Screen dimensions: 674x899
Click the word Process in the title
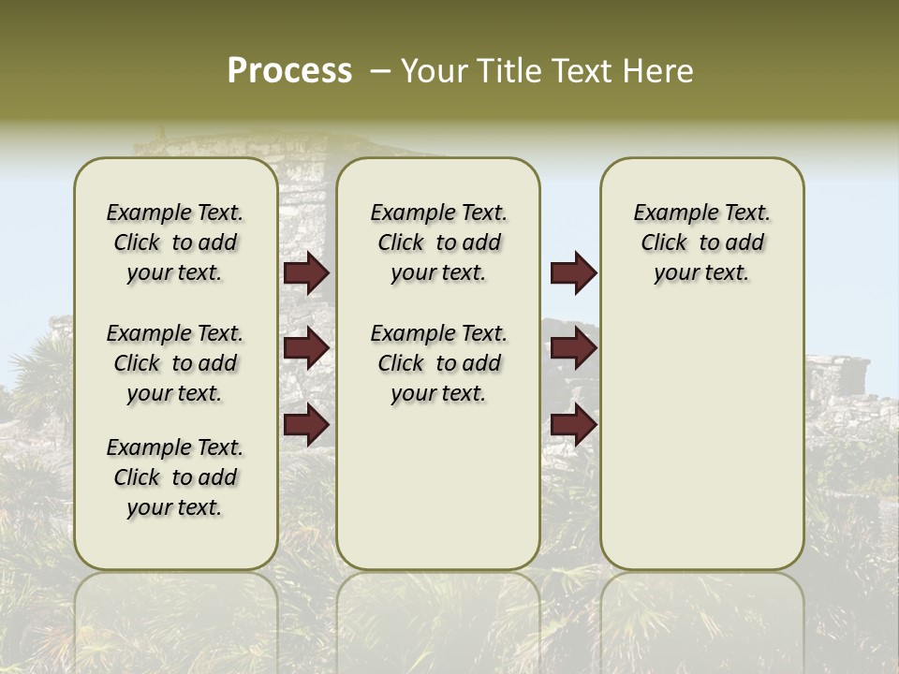click(x=289, y=70)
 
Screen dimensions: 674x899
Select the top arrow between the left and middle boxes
click(x=305, y=272)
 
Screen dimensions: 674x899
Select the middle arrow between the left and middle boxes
click(x=305, y=348)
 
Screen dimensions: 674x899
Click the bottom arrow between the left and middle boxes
click(x=305, y=425)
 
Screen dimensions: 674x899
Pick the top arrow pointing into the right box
click(x=573, y=272)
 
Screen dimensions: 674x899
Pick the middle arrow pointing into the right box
click(x=573, y=348)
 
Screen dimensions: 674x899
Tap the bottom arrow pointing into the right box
click(x=573, y=425)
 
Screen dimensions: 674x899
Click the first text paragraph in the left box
click(x=175, y=242)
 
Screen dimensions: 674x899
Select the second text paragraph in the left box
click(x=175, y=363)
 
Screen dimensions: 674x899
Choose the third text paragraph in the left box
click(x=175, y=477)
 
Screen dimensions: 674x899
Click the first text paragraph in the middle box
click(x=439, y=242)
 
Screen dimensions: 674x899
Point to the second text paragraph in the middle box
click(x=439, y=363)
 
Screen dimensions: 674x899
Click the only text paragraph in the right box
click(x=702, y=242)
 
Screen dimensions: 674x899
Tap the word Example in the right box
click(x=670, y=213)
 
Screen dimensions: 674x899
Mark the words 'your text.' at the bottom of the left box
click(x=175, y=507)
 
